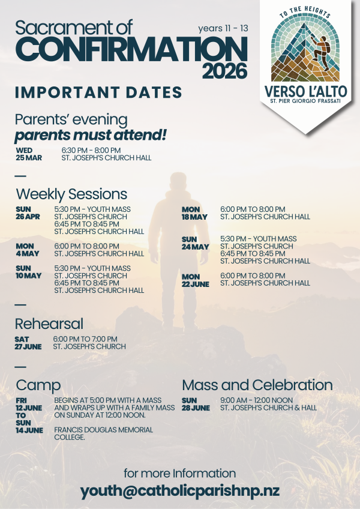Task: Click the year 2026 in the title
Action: [x=224, y=71]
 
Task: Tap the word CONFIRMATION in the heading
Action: [x=131, y=49]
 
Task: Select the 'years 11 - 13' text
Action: [x=223, y=29]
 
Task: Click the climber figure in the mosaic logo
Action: [x=320, y=51]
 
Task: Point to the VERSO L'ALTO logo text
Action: [x=306, y=91]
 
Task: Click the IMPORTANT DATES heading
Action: [x=98, y=92]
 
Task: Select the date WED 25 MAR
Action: [x=29, y=154]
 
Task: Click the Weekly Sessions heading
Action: [x=71, y=194]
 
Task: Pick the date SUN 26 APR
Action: [x=28, y=213]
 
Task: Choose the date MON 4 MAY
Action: [x=28, y=250]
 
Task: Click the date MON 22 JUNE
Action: [x=196, y=280]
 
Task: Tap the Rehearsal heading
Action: [x=49, y=324]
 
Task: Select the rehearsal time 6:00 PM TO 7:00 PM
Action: [x=85, y=339]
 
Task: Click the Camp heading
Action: [x=38, y=385]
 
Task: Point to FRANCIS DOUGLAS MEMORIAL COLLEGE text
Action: [x=104, y=434]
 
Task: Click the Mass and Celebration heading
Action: [x=257, y=385]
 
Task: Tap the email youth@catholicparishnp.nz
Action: [x=180, y=492]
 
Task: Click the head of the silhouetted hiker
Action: [x=178, y=181]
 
